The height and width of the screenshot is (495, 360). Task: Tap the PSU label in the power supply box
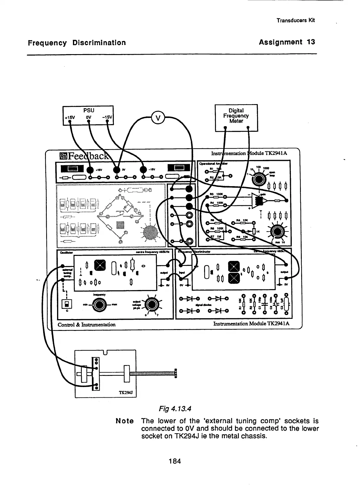[89, 110]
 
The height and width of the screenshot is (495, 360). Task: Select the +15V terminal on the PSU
[69, 123]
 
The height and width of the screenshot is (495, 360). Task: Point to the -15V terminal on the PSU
[108, 123]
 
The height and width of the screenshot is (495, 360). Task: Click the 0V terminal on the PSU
[89, 123]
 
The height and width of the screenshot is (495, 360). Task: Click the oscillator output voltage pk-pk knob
[152, 304]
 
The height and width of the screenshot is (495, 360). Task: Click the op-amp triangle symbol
[259, 201]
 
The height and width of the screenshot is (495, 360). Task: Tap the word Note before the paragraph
[125, 421]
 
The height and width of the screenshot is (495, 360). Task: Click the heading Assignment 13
[287, 42]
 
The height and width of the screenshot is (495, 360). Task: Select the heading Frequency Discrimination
[77, 43]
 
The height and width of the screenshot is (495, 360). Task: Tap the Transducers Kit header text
[296, 20]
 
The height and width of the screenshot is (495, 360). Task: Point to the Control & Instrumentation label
[86, 325]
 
